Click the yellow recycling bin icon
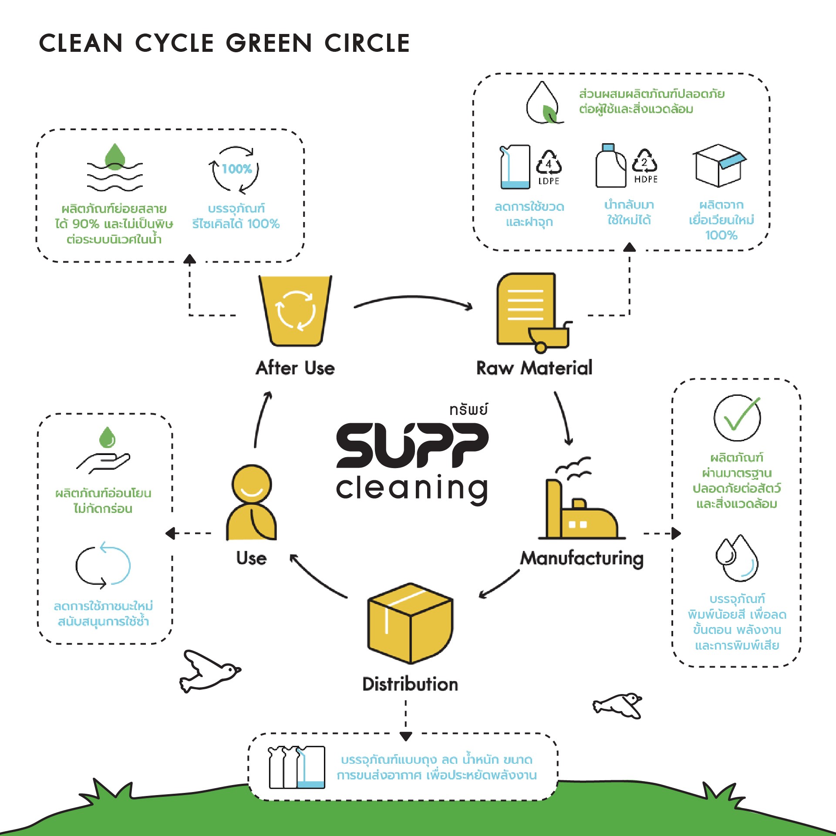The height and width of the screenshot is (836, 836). pyautogui.click(x=295, y=310)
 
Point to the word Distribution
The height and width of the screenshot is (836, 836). pyautogui.click(x=410, y=684)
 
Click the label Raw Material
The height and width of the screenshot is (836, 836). pyautogui.click(x=534, y=368)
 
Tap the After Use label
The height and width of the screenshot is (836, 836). pyautogui.click(x=295, y=368)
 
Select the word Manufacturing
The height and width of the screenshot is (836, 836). pyautogui.click(x=582, y=559)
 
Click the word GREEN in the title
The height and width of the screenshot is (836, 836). pyautogui.click(x=269, y=43)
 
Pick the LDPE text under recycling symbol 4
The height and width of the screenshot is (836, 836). pyautogui.click(x=549, y=181)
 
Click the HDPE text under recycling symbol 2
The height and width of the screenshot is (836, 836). pyautogui.click(x=646, y=179)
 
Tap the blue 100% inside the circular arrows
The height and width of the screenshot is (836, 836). pyautogui.click(x=237, y=169)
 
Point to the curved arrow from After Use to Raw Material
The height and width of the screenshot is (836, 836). pyautogui.click(x=413, y=297)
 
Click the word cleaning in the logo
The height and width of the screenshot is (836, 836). pyautogui.click(x=412, y=489)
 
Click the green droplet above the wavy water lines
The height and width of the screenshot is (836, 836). pyautogui.click(x=115, y=156)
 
